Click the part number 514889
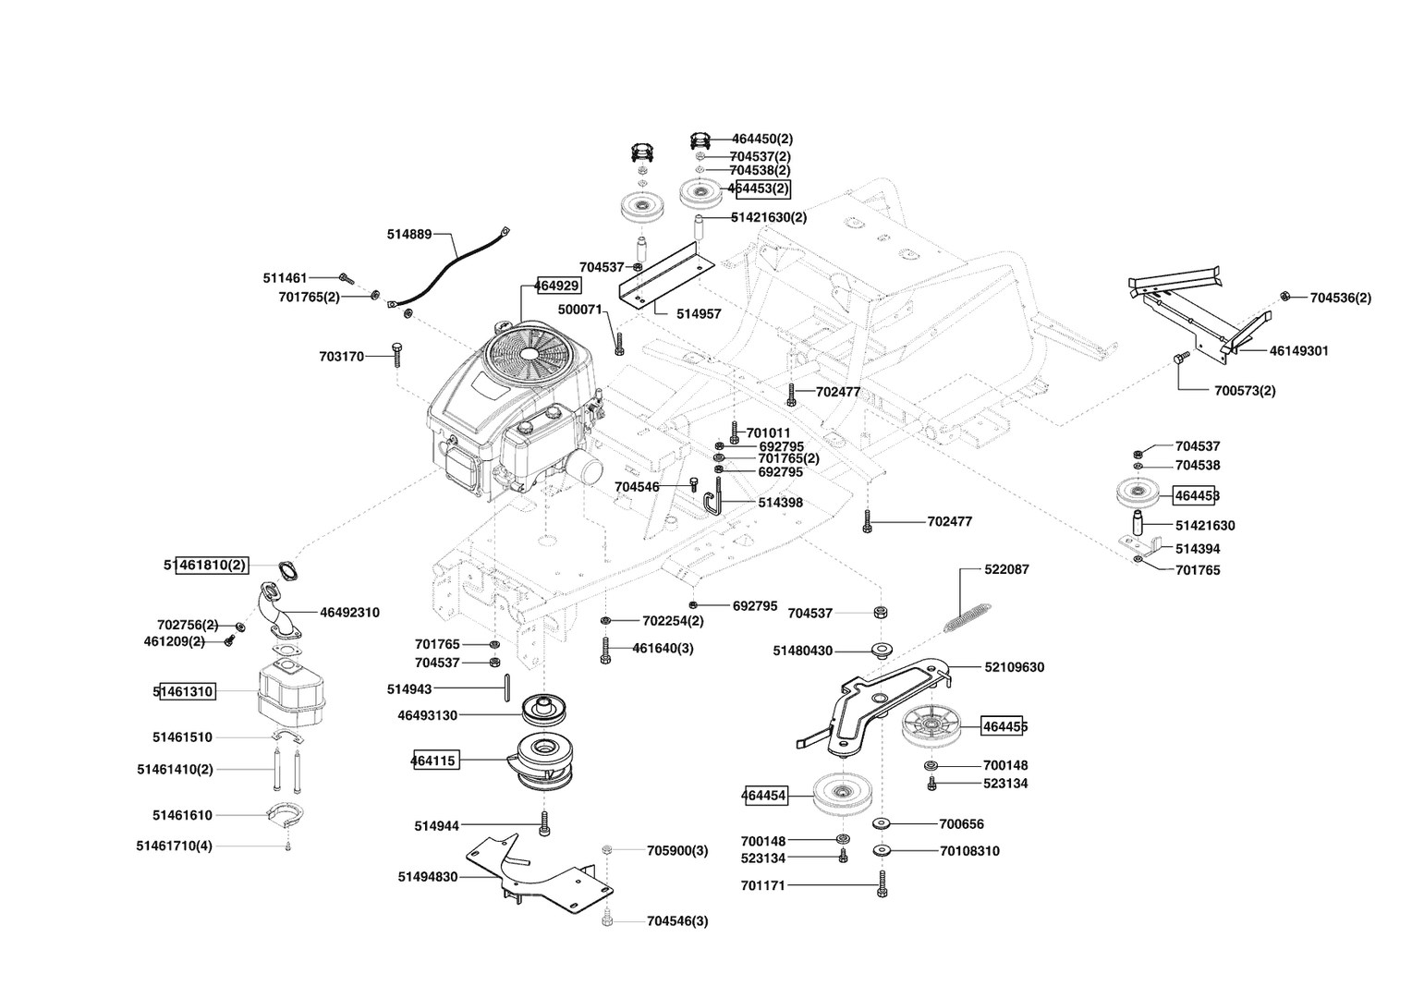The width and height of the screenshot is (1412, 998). tap(409, 235)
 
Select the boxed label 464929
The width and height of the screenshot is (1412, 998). tap(558, 286)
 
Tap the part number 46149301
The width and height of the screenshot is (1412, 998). tap(1298, 351)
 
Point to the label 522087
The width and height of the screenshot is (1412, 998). tap(1006, 569)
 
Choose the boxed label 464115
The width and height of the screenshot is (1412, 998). tap(434, 761)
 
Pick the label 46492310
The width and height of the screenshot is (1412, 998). tap(350, 612)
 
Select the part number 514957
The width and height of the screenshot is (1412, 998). tap(699, 314)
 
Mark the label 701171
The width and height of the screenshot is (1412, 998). tap(762, 886)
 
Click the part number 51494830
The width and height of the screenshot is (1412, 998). tap(427, 877)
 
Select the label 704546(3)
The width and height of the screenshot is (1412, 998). tap(677, 921)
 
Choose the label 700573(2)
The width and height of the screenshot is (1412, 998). tap(1245, 391)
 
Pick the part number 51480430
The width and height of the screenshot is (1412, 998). tap(802, 651)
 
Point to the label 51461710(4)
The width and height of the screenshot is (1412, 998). tap(174, 846)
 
